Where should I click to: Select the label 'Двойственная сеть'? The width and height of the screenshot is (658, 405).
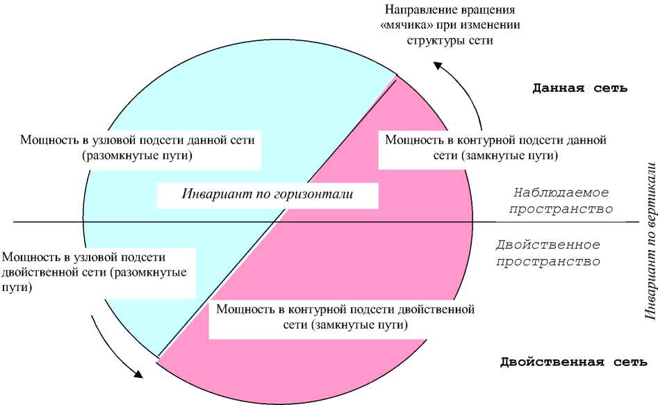[574, 361]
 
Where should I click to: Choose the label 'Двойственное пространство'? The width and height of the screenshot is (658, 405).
[548, 254]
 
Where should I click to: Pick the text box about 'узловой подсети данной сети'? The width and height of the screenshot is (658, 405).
[138, 147]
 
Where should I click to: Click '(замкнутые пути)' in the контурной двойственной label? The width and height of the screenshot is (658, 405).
[361, 324]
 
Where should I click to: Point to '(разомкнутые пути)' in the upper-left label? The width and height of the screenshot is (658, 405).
[137, 156]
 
